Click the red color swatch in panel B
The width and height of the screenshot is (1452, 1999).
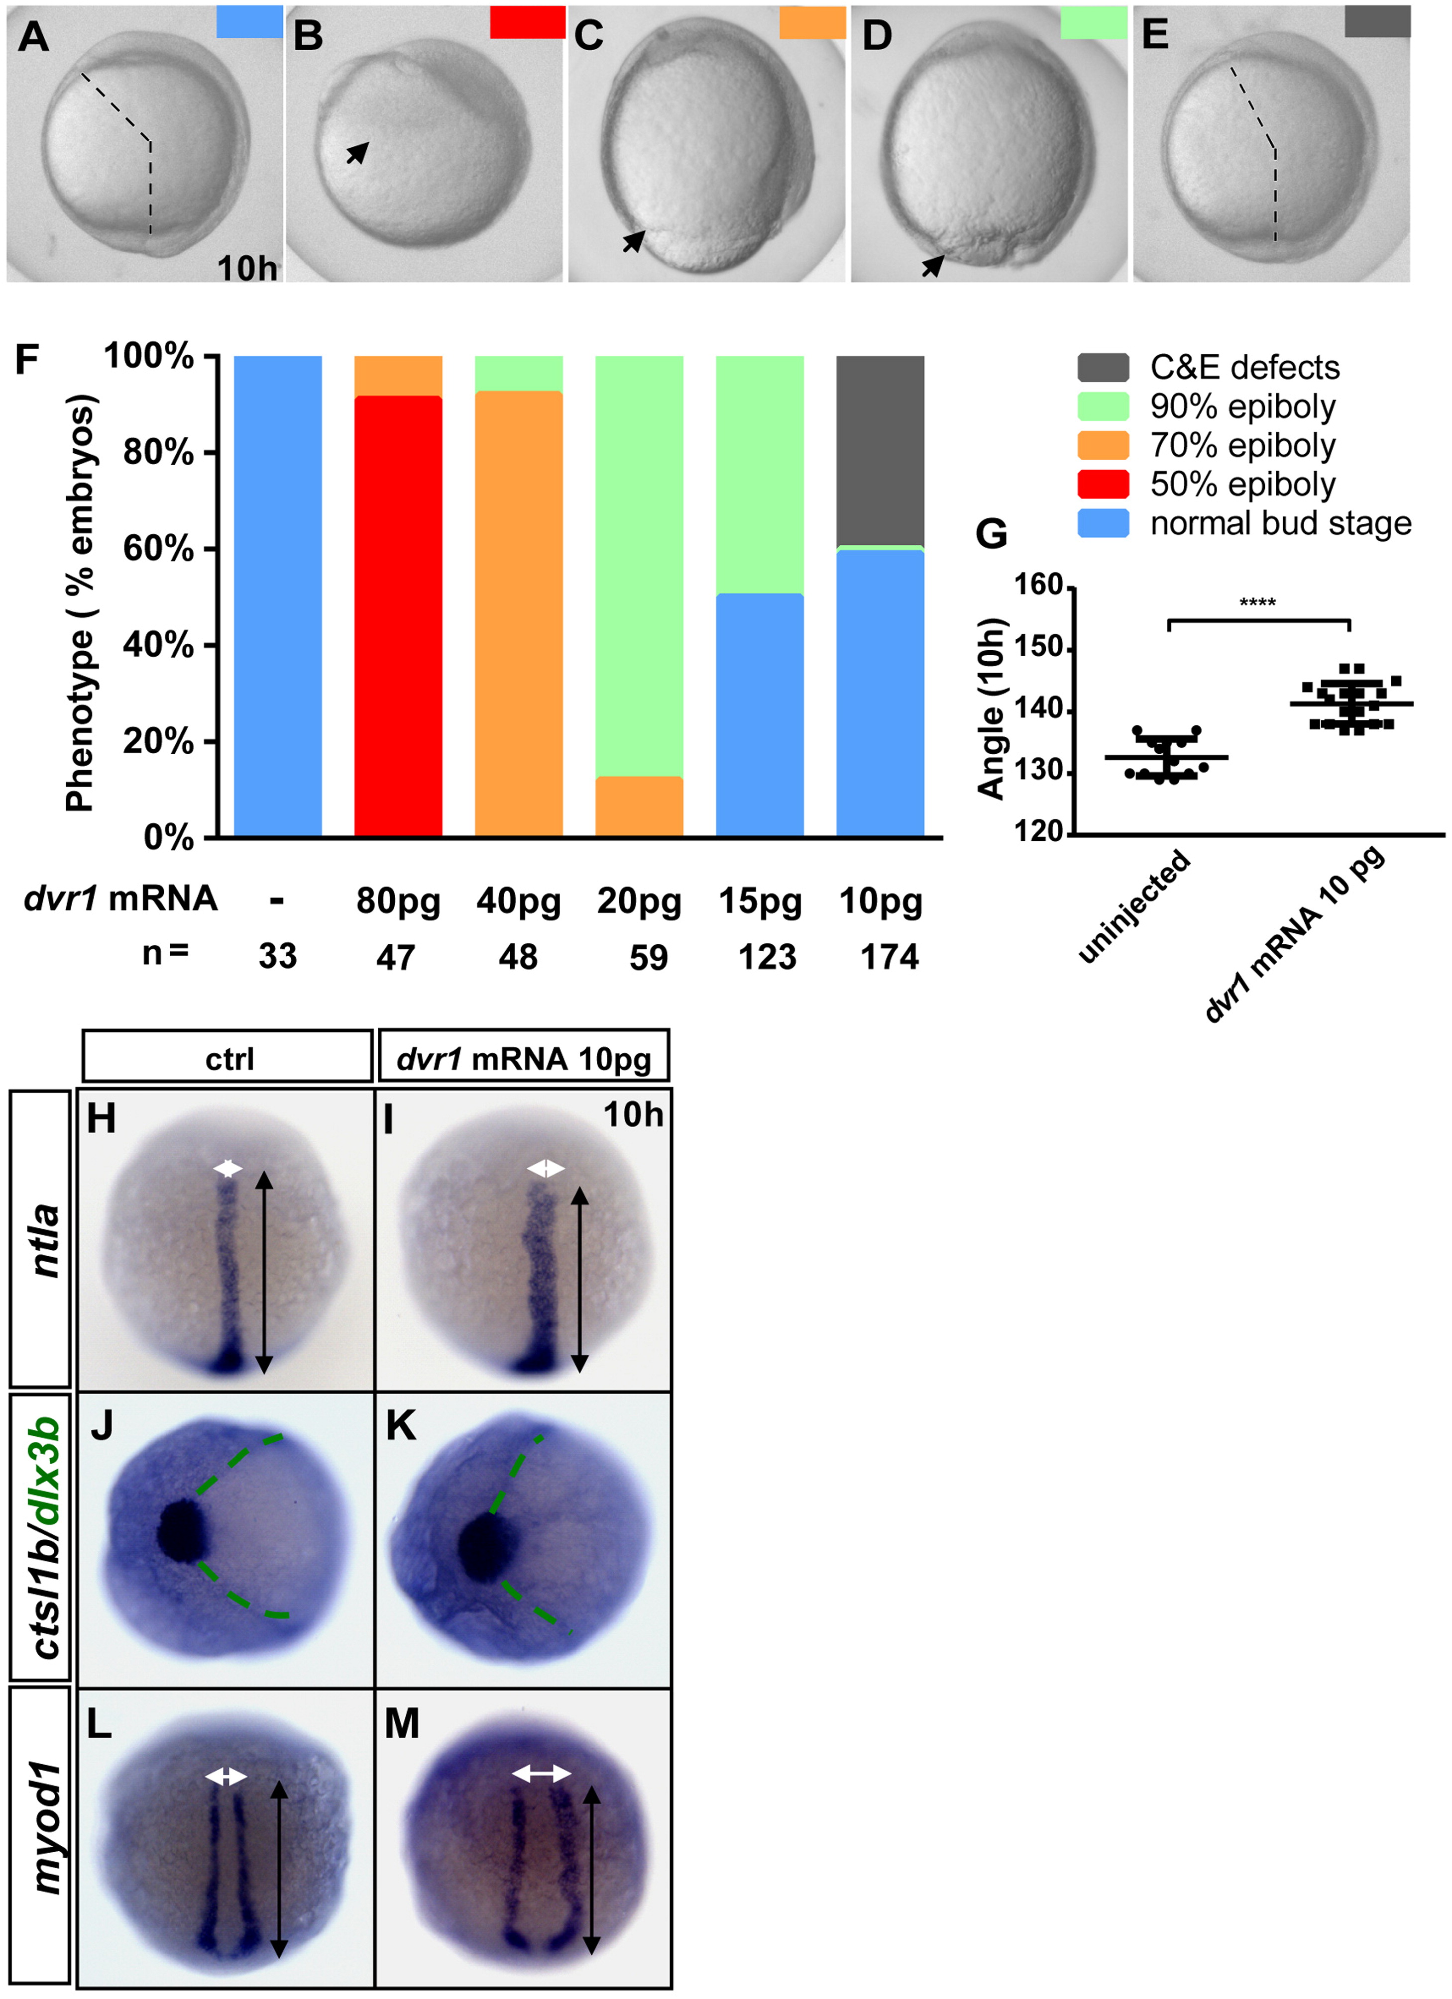(x=527, y=22)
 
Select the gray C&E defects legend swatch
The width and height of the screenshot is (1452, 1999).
(x=1103, y=368)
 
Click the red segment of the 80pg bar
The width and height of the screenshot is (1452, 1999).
(x=398, y=615)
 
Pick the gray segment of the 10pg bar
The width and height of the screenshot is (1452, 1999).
(x=880, y=451)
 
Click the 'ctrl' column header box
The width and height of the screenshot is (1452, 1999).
(x=227, y=1055)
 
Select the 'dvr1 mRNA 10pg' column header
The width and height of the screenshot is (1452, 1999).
(x=524, y=1055)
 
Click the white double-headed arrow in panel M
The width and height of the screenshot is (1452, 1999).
(x=541, y=1773)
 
